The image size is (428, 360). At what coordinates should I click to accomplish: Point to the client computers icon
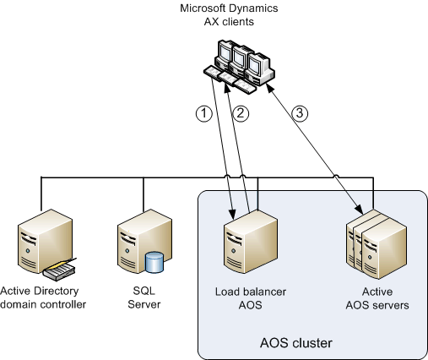coord(240,66)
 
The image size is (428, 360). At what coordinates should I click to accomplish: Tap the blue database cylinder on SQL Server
coord(154,262)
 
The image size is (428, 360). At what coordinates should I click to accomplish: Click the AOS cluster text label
coord(295,343)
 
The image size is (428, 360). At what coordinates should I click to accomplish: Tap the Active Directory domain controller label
coord(44,298)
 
